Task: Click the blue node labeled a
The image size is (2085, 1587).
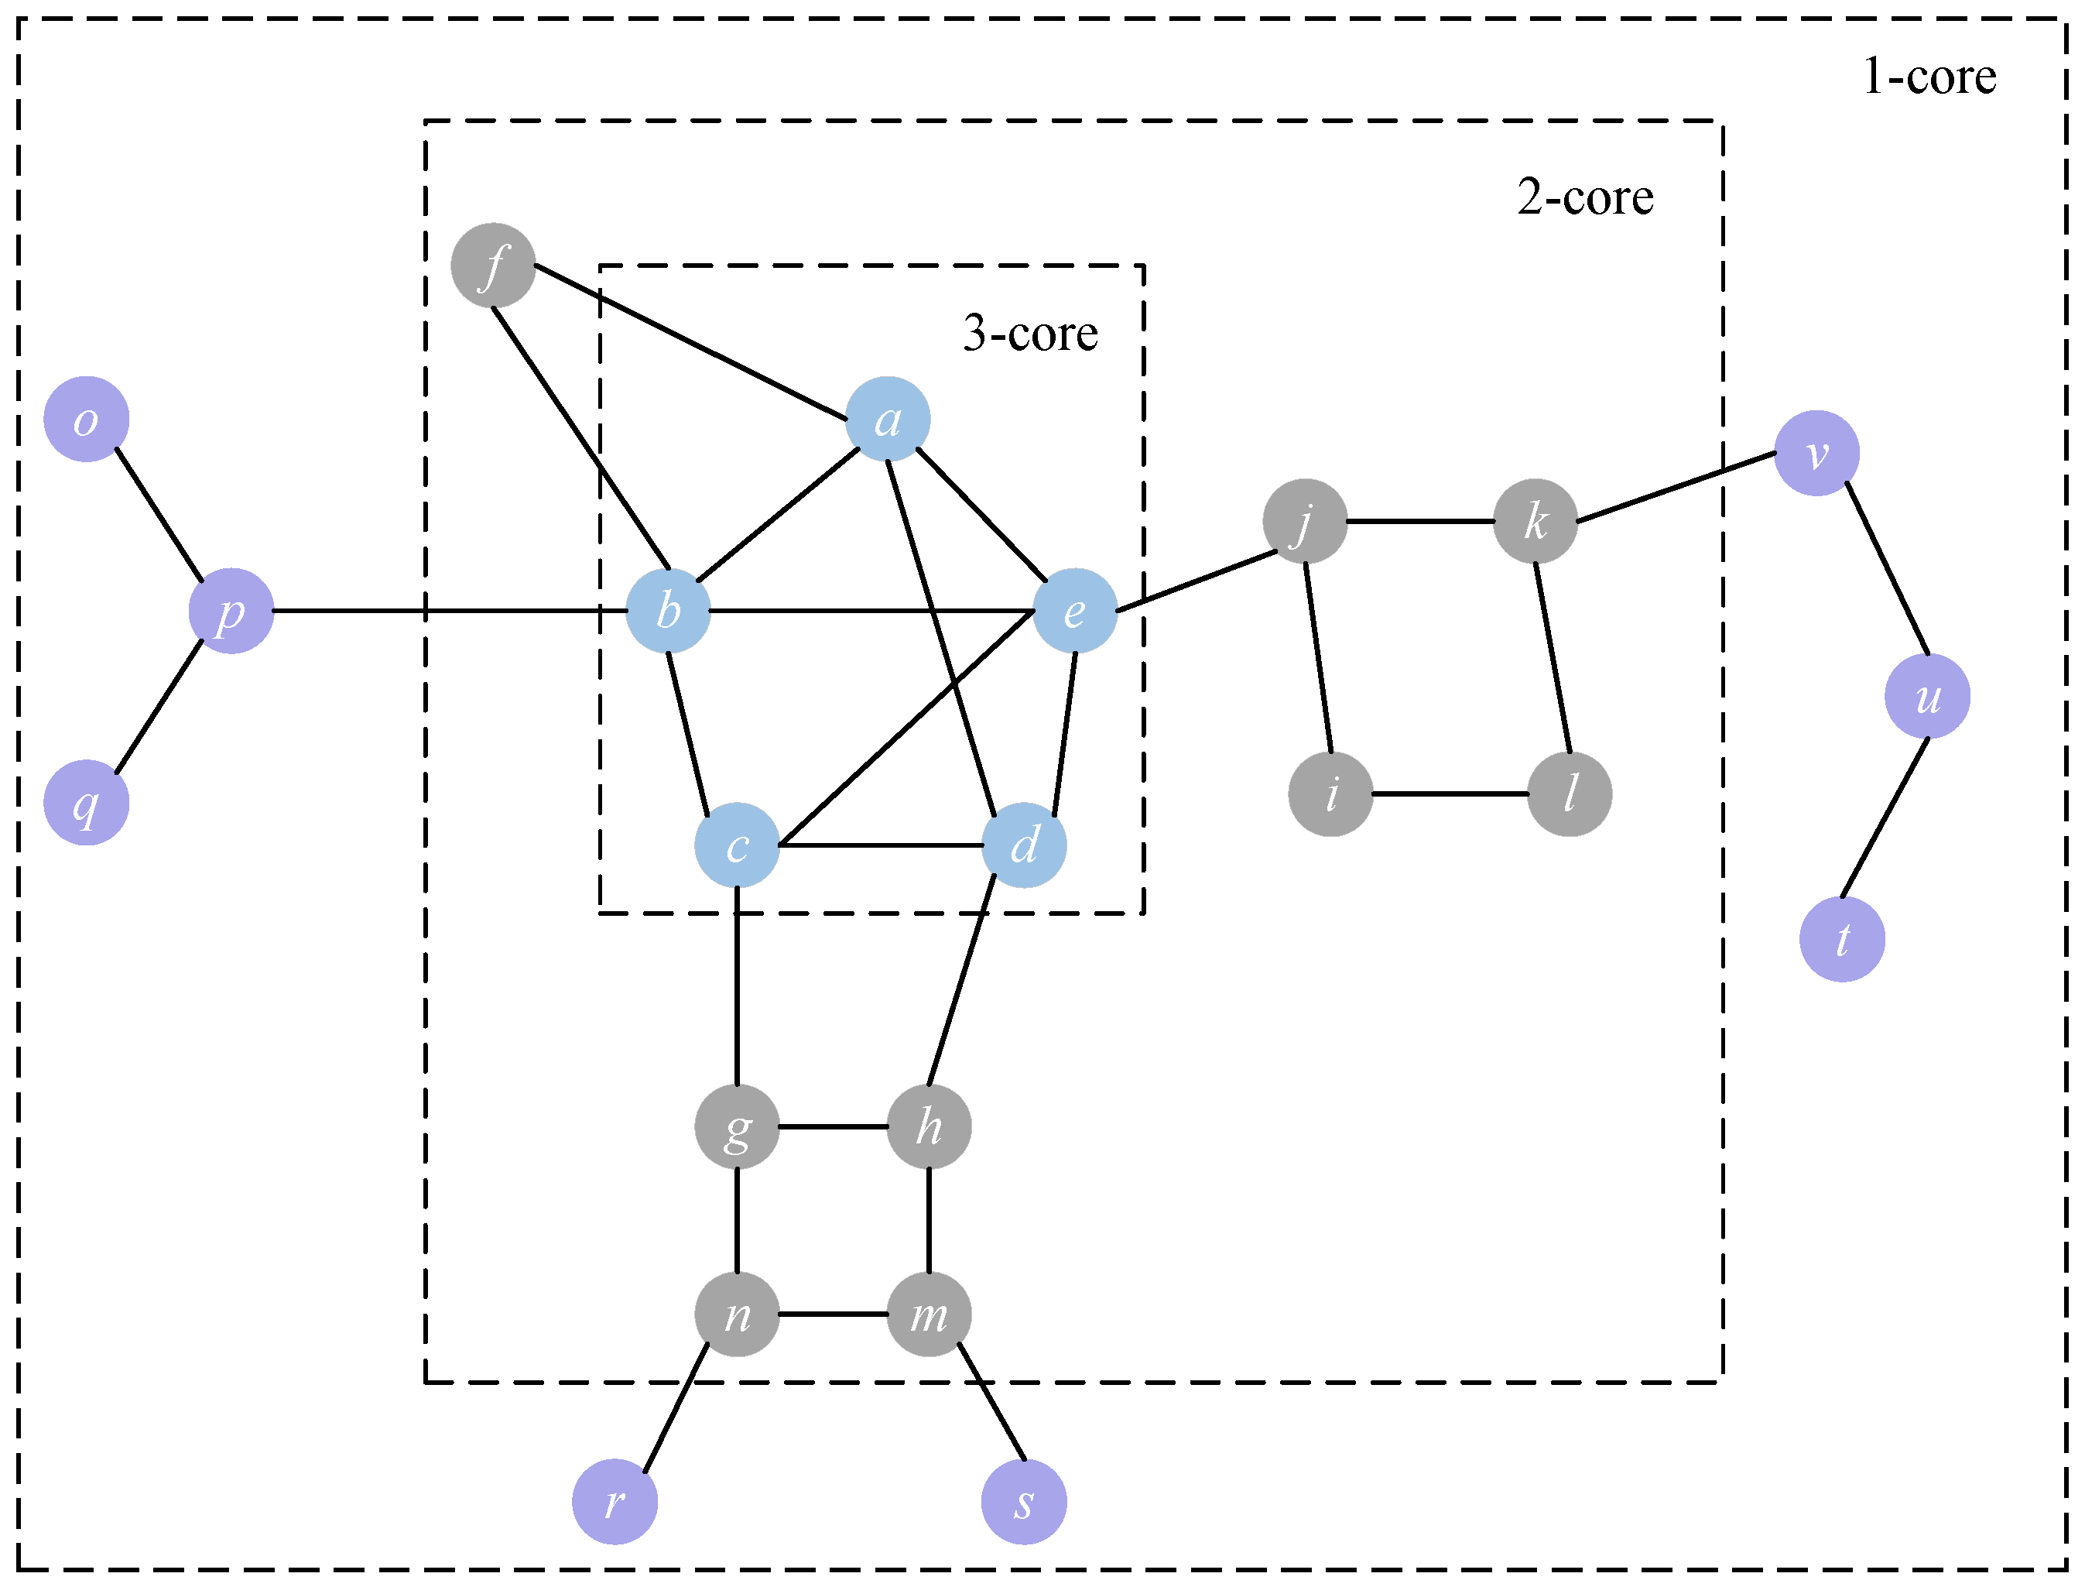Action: point(887,420)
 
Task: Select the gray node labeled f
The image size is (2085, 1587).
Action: point(493,266)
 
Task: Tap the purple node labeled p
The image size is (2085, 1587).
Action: point(231,611)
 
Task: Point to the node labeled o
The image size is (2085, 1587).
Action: point(87,420)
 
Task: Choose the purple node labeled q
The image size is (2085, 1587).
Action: point(87,803)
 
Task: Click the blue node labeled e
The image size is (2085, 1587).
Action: point(1074,611)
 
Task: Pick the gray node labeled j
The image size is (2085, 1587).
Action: point(1305,522)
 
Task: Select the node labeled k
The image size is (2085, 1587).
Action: point(1536,522)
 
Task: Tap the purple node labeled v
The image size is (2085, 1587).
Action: point(1816,454)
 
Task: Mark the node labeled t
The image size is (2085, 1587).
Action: point(1842,940)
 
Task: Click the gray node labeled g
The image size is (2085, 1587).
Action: point(737,1127)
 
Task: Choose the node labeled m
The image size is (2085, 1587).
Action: point(930,1314)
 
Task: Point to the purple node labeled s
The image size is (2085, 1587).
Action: point(1025,1502)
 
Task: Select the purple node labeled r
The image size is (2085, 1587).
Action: point(615,1502)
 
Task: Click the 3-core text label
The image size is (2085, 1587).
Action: point(1030,334)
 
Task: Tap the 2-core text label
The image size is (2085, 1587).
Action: point(1586,197)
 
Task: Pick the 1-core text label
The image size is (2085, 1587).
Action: point(1929,77)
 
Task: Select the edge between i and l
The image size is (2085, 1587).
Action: point(1450,794)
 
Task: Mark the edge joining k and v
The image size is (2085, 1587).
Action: point(1676,488)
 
